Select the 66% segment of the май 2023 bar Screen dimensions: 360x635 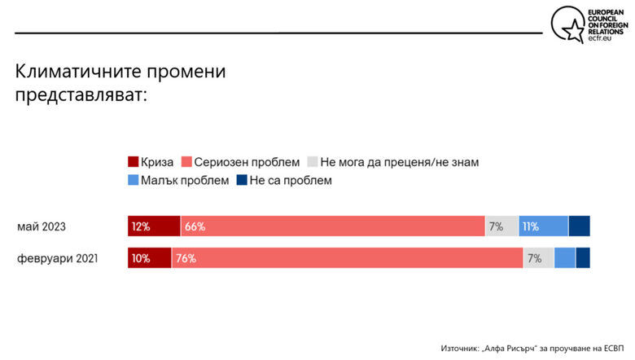332,226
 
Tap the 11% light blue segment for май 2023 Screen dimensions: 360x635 543,226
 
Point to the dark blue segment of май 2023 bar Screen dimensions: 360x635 579,226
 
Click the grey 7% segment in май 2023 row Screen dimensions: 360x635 501,226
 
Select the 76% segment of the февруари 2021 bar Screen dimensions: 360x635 347,258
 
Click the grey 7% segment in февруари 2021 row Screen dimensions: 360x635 538,258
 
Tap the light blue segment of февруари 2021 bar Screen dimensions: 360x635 564,258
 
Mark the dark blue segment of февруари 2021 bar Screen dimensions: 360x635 583,258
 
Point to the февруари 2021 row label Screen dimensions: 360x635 58,258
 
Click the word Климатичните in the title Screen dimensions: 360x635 71,71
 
